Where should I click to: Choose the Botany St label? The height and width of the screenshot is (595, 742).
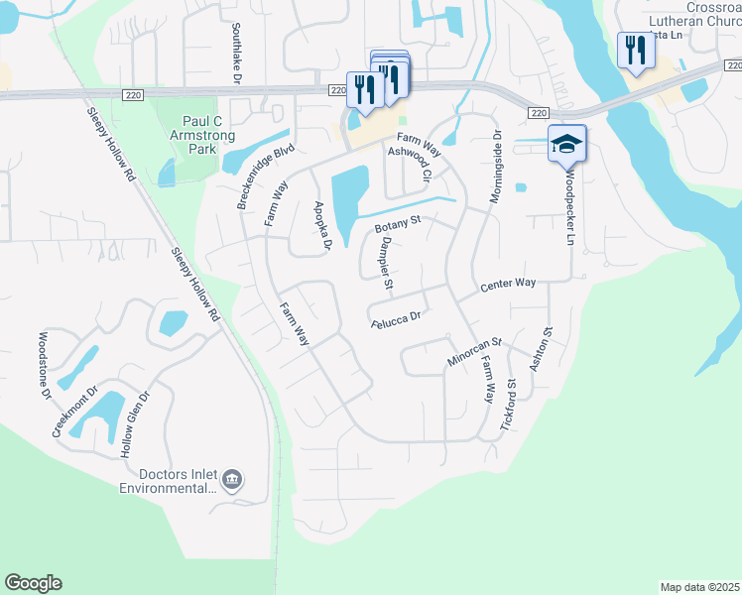pos(398,226)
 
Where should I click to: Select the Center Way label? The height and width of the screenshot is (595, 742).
pos(508,284)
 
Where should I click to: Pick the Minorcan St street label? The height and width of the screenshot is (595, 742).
pos(474,353)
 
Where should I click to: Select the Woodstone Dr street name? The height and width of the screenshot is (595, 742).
pos(45,365)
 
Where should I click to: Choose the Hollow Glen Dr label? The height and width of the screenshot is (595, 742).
pos(135,423)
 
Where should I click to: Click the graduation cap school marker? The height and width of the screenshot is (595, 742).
pos(566,145)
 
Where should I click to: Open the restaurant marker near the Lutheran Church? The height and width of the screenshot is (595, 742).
pos(634,51)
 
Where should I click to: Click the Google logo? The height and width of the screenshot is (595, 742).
pos(33,583)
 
